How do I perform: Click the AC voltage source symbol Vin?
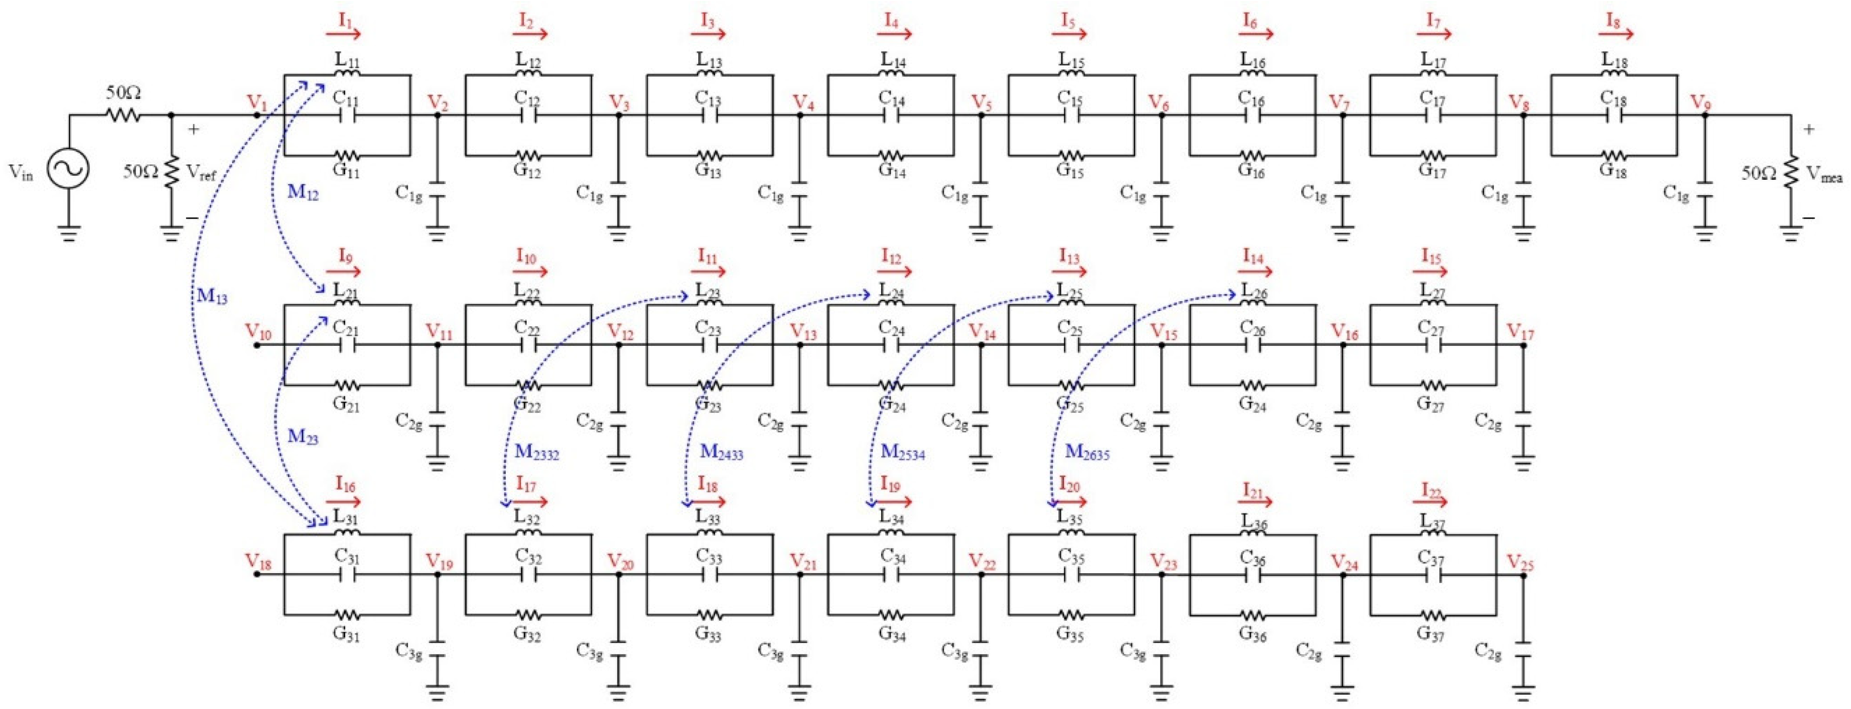[x=68, y=170]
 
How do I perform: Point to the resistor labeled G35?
[x=1071, y=616]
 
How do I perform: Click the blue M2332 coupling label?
[x=536, y=452]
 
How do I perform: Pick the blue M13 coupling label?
[x=212, y=295]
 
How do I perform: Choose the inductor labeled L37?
[x=1433, y=534]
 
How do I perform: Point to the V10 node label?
[x=258, y=332]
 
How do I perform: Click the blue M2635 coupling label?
[x=1087, y=452]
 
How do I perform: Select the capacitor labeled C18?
[x=1614, y=115]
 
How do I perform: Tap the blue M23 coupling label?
[x=302, y=436]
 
